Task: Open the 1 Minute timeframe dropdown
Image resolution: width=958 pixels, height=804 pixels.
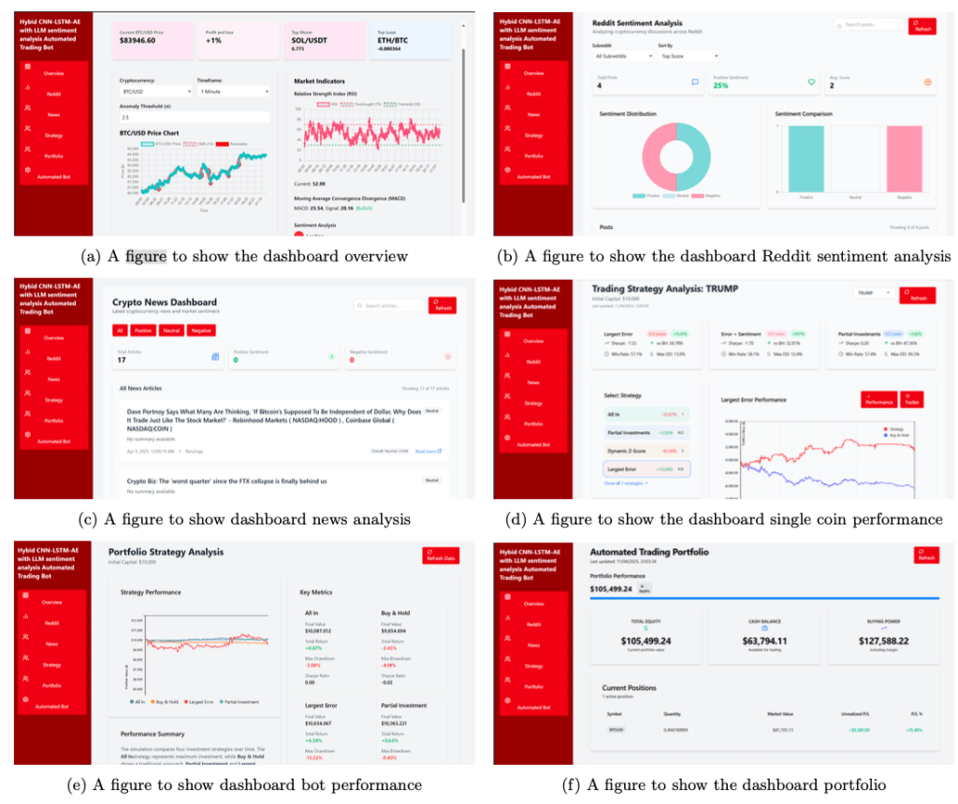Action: (x=231, y=92)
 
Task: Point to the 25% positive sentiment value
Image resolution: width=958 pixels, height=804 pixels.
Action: (x=721, y=85)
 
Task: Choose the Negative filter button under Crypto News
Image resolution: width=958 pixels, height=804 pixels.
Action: (x=201, y=330)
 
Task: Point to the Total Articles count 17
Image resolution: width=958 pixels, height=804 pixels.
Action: (x=122, y=360)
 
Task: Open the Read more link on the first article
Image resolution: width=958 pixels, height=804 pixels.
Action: (x=428, y=451)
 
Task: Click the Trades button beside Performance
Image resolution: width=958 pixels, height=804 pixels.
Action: (x=911, y=399)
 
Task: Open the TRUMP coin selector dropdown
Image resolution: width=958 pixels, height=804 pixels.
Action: (x=873, y=293)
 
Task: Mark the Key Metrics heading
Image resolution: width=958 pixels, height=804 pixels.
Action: (x=316, y=592)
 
